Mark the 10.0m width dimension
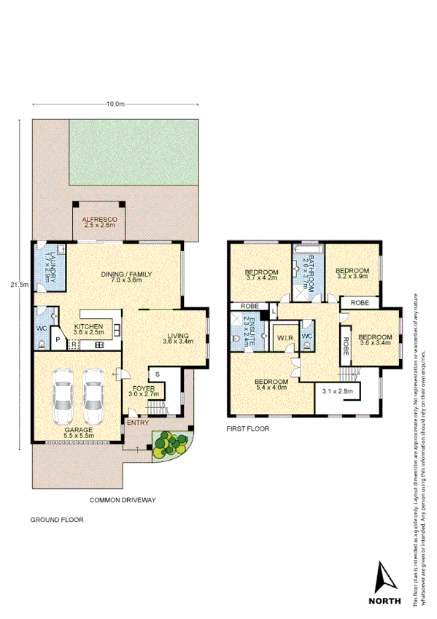click(x=115, y=105)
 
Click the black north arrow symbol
click(x=384, y=577)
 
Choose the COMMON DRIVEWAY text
click(x=123, y=500)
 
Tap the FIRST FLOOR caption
click(x=248, y=429)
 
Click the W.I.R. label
click(x=284, y=337)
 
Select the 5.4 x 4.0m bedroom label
click(x=271, y=385)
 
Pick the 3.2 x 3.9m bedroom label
click(x=352, y=274)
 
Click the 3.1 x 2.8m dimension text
click(x=337, y=392)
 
